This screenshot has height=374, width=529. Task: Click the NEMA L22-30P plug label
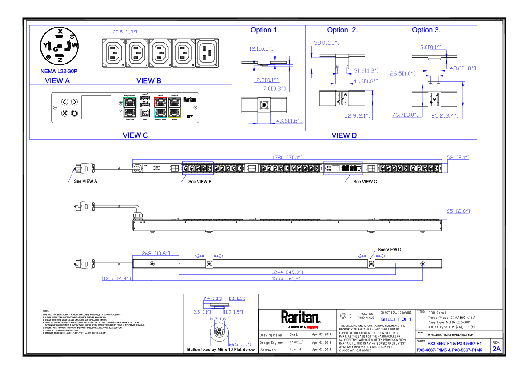point(59,71)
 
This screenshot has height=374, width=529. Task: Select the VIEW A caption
point(58,81)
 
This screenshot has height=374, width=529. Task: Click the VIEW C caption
point(135,135)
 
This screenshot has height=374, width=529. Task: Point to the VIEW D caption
point(344,135)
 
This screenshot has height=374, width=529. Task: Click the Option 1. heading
point(265,30)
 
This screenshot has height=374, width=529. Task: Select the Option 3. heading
point(426,30)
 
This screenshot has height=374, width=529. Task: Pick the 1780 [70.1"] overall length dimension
point(287,157)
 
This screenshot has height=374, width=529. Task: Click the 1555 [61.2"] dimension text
point(288,279)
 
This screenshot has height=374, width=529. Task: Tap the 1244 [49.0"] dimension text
point(288,272)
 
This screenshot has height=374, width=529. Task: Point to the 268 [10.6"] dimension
point(156,253)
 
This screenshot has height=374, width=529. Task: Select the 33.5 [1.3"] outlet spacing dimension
point(125,32)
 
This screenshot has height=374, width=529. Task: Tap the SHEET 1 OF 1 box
point(396,319)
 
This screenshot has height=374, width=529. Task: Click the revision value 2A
point(496,349)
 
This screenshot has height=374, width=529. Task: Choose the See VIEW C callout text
point(365,181)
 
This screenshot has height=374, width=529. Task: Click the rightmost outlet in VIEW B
point(207,53)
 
